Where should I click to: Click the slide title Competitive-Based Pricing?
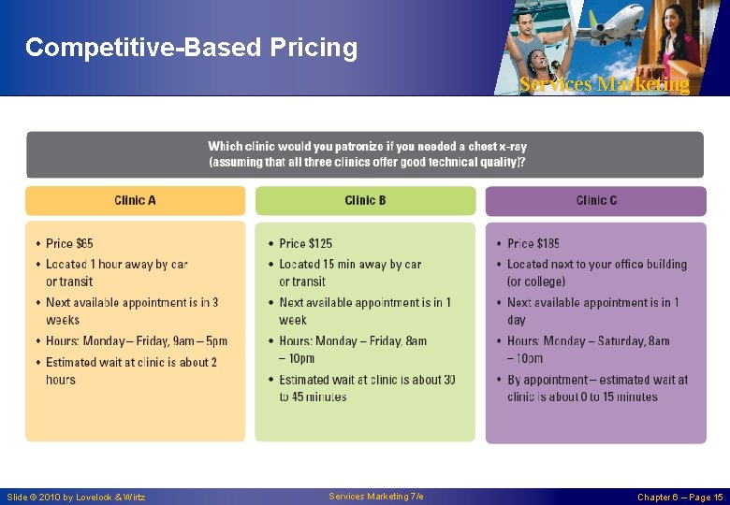click(x=191, y=48)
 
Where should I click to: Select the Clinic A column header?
click(x=135, y=200)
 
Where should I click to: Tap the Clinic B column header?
click(x=365, y=200)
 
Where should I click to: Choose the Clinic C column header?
click(x=596, y=200)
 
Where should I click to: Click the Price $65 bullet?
click(x=69, y=243)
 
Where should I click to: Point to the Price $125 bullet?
click(x=305, y=243)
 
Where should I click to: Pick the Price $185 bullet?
click(x=533, y=243)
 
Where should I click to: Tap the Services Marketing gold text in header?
click(x=604, y=84)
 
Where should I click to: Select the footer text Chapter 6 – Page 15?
click(x=679, y=497)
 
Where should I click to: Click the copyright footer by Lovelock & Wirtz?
click(x=76, y=497)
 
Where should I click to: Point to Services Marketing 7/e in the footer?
click(x=375, y=497)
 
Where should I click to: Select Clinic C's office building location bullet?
click(x=596, y=273)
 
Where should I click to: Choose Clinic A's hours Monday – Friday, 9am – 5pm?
click(x=136, y=341)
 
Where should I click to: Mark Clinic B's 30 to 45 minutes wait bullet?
click(x=366, y=388)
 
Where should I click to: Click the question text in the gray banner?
click(x=366, y=154)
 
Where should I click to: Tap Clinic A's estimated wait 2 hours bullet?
click(x=130, y=371)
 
